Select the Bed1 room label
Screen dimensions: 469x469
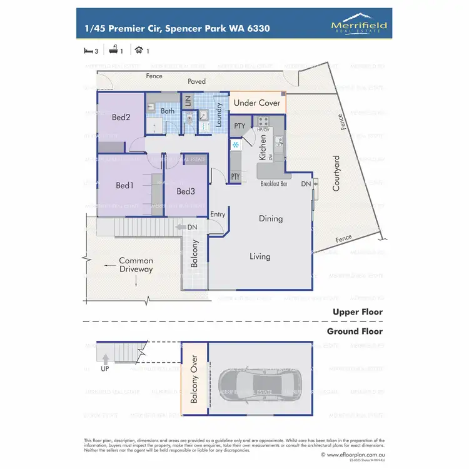coord(124,186)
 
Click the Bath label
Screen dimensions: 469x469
coord(168,111)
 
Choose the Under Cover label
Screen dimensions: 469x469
coord(256,103)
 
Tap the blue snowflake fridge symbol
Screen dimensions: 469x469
coord(236,145)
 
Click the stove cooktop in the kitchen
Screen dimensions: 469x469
coord(261,121)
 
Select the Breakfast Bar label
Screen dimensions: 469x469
coord(273,184)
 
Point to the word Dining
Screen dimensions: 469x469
coord(271,219)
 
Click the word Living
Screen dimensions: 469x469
coord(260,256)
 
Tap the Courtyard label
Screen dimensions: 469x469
coord(336,173)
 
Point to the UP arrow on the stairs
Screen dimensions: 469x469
coord(105,360)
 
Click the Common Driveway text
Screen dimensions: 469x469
coord(136,265)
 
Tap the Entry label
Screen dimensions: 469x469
coord(218,214)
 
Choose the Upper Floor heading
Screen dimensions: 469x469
coord(355,311)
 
